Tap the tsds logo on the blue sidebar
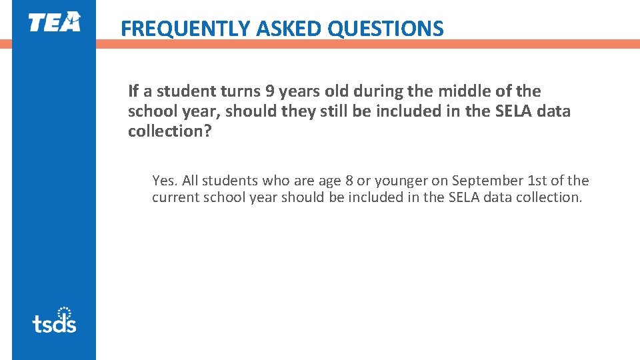tap(54, 321)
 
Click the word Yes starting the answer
tap(163, 181)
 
